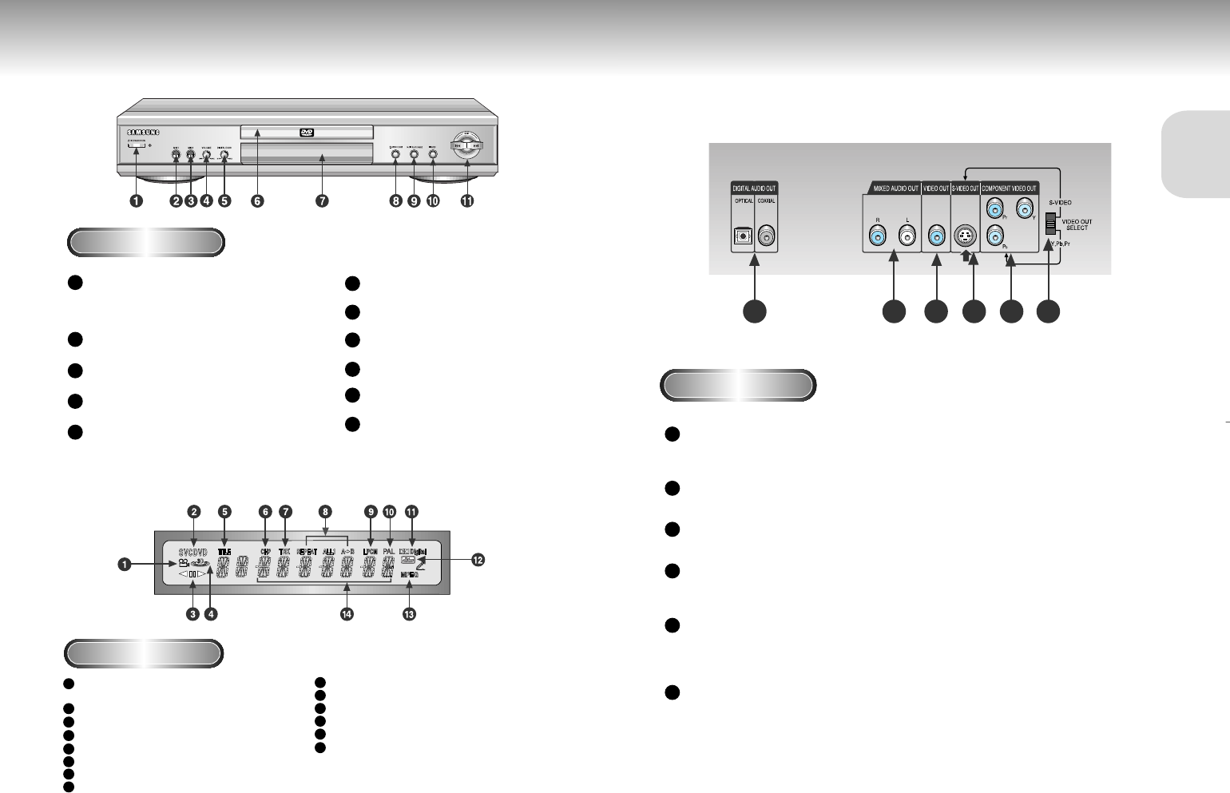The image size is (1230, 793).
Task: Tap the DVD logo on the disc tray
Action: coord(306,133)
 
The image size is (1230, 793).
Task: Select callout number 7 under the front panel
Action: coord(322,201)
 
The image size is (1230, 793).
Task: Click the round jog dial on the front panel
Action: coord(466,146)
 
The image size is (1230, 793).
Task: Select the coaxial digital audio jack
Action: coord(766,236)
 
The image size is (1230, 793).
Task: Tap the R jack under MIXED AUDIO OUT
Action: coord(878,236)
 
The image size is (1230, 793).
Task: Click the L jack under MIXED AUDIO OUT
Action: coord(907,236)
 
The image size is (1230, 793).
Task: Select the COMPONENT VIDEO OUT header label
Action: coord(1009,188)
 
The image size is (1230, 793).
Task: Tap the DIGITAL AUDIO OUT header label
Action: coord(754,188)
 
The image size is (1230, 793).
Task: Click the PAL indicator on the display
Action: coord(389,551)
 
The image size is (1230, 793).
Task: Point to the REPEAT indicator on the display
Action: coord(305,551)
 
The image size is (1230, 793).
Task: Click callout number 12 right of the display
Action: coord(478,561)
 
